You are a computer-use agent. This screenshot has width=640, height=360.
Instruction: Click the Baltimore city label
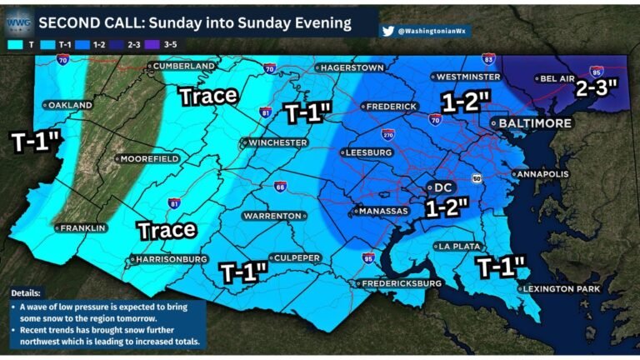pyautogui.click(x=534, y=123)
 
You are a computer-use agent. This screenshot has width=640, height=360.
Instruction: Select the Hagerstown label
pyautogui.click(x=351, y=67)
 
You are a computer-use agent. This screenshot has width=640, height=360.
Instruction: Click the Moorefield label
pyautogui.click(x=148, y=158)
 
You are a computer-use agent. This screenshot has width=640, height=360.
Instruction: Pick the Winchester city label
pyautogui.click(x=276, y=142)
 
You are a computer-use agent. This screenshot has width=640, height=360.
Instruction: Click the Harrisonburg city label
pyautogui.click(x=171, y=259)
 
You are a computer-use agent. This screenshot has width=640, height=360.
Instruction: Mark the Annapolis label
pyautogui.click(x=542, y=174)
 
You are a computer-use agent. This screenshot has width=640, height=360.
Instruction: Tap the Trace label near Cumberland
pyautogui.click(x=209, y=96)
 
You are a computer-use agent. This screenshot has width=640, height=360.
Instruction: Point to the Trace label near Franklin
pyautogui.click(x=167, y=229)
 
